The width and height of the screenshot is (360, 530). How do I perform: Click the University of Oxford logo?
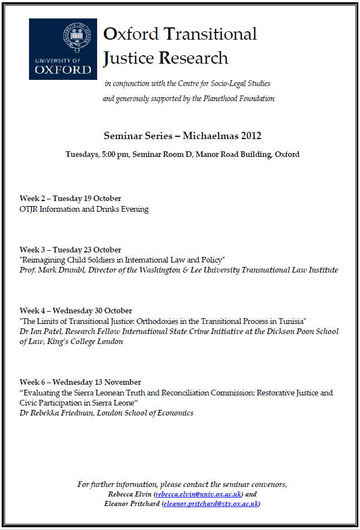63,49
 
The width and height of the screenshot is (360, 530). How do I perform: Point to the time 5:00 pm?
115,154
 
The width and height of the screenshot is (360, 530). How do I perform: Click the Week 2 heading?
70,198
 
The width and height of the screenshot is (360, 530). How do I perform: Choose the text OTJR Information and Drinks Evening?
84,209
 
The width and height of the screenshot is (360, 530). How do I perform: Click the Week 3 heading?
70,250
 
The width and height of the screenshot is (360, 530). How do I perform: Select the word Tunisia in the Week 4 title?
293,321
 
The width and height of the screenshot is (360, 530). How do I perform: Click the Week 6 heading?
80,382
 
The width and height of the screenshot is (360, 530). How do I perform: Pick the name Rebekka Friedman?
65,413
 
